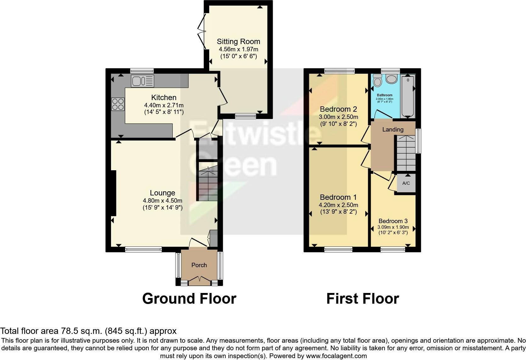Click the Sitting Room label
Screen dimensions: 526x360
point(238,42)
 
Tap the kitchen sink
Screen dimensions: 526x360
point(143,81)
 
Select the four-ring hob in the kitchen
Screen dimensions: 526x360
point(118,104)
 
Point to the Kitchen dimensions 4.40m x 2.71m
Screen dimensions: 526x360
point(164,105)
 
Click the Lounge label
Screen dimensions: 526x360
point(163,193)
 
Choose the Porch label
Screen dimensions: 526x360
point(199,265)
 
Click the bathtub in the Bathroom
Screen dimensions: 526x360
point(408,96)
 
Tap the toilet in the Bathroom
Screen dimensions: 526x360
point(378,80)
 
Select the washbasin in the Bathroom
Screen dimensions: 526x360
point(391,79)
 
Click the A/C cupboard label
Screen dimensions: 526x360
point(406,183)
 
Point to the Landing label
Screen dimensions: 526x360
point(393,129)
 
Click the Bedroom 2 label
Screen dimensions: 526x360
point(339,109)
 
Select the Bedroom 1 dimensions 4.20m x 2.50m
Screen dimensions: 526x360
point(339,205)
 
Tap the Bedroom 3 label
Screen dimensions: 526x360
point(393,221)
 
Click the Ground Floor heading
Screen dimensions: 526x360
point(189,299)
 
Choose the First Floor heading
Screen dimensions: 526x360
point(363,299)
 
